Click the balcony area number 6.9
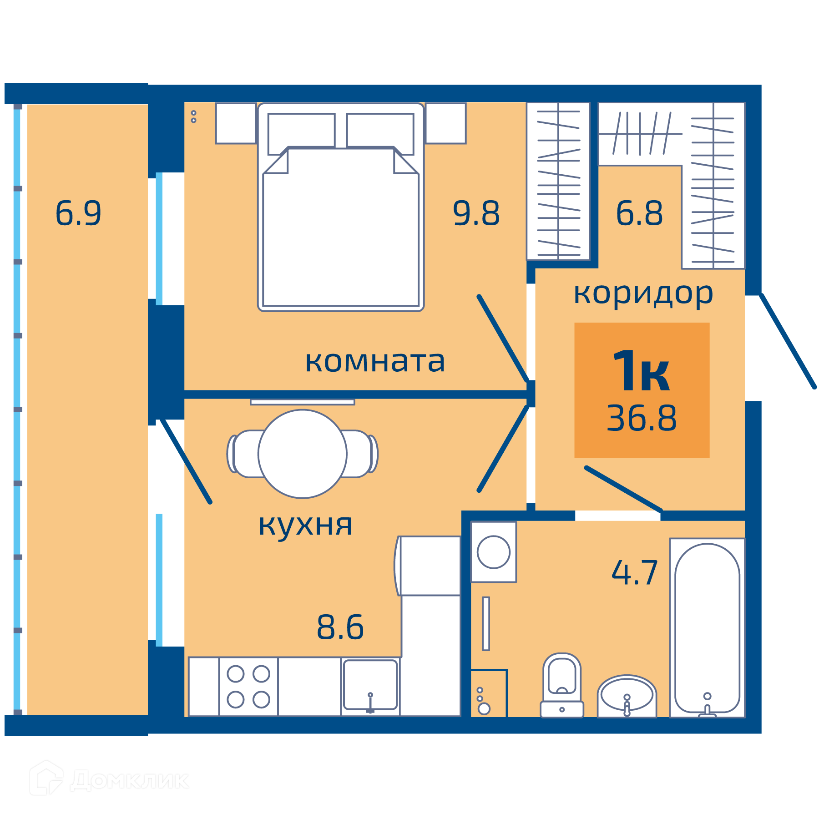click(78, 213)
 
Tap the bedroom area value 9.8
click(476, 213)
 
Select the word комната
click(375, 362)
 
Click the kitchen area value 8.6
click(340, 627)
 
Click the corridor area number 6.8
click(639, 213)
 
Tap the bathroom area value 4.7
click(635, 572)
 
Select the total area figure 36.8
click(642, 418)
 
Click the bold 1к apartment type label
click(641, 370)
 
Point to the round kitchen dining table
click(303, 454)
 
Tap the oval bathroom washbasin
click(627, 696)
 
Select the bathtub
click(707, 628)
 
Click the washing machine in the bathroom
click(493, 552)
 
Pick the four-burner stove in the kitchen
click(248, 687)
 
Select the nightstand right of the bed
click(446, 123)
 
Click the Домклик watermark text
click(130, 781)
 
